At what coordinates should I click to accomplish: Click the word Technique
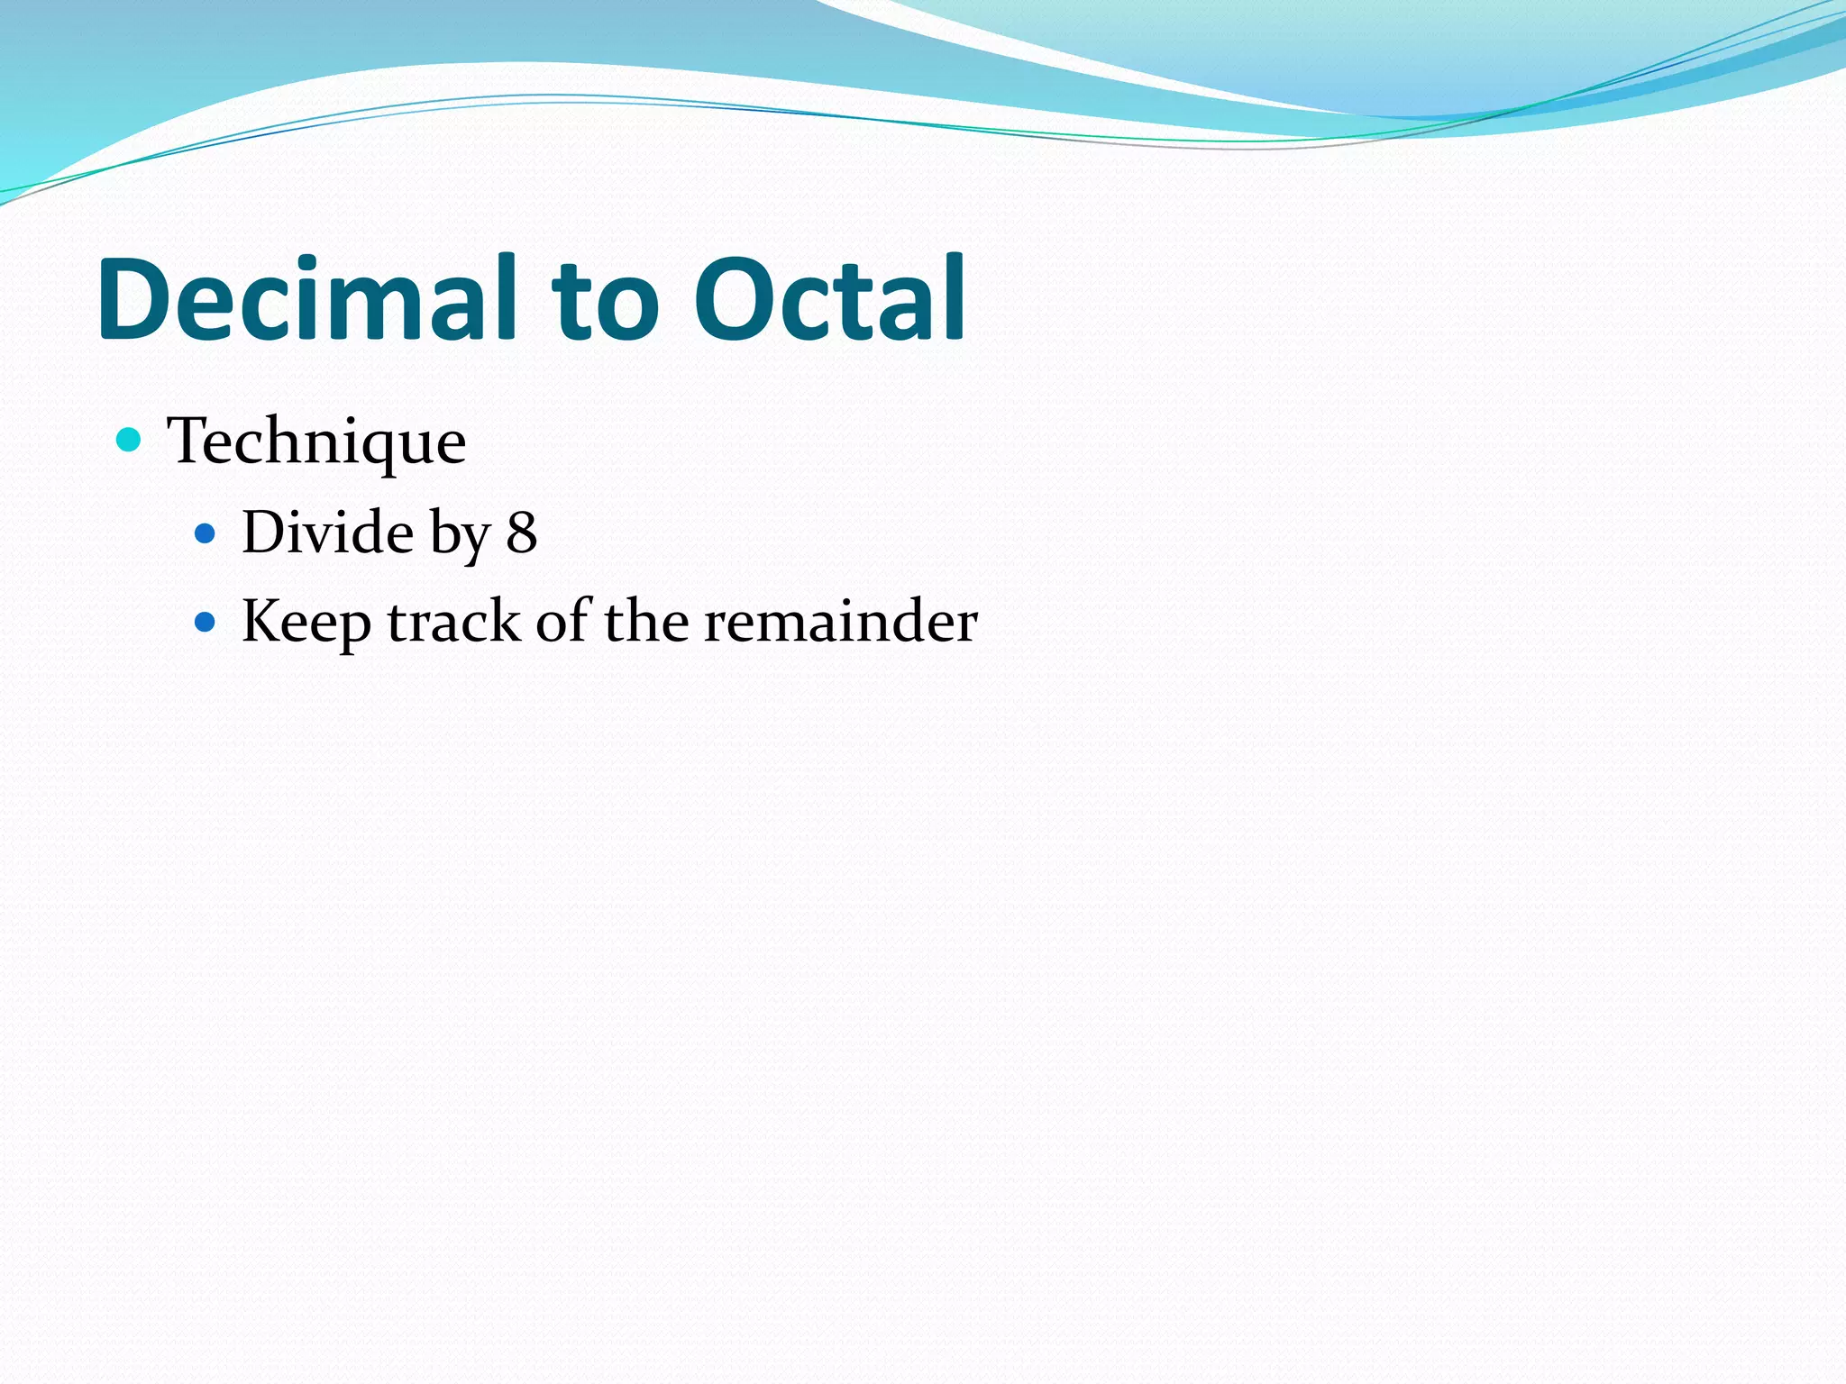coord(316,442)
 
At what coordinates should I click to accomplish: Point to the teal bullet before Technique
coord(130,441)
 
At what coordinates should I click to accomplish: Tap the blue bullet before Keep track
coord(206,623)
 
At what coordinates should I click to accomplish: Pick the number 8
coord(522,533)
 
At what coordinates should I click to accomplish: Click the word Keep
coord(306,623)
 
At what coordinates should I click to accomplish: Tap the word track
coord(454,622)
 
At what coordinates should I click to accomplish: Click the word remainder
coord(840,622)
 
